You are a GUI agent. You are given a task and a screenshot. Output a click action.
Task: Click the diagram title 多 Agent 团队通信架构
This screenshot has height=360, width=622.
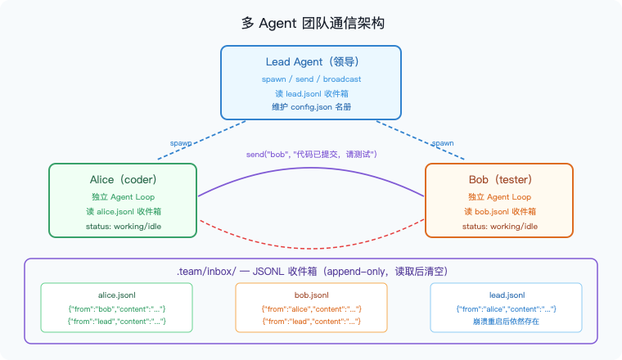[x=310, y=22]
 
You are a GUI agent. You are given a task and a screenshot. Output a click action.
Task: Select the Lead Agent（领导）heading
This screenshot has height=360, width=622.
[x=311, y=61]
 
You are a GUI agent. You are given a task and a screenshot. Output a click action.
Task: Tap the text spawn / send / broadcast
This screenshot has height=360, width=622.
[x=311, y=79]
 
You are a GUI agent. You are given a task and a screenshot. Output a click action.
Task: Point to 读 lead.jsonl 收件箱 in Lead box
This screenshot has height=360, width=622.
[x=311, y=93]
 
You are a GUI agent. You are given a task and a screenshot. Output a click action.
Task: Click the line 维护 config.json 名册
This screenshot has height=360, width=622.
[x=311, y=107]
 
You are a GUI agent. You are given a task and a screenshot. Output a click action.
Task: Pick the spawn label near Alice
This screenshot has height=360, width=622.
[x=181, y=142]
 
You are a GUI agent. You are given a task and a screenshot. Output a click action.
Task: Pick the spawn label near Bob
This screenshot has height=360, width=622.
[x=442, y=142]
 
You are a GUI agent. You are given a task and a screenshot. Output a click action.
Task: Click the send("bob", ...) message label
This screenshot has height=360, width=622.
[x=311, y=154]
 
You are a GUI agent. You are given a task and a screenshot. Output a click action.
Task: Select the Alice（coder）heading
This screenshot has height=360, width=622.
[x=123, y=179]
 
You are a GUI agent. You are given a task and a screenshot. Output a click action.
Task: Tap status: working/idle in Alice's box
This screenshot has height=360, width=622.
[x=123, y=226]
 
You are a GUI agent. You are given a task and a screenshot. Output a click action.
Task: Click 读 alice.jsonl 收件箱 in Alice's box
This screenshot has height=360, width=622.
[x=123, y=212]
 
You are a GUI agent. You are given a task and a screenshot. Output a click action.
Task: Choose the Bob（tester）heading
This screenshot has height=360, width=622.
[x=499, y=179]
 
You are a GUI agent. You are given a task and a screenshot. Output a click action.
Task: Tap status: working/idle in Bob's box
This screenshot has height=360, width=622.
[x=499, y=226]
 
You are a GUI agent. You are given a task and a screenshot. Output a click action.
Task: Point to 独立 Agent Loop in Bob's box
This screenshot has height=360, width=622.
[x=499, y=197]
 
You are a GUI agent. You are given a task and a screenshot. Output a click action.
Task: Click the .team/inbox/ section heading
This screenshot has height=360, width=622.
[x=311, y=271]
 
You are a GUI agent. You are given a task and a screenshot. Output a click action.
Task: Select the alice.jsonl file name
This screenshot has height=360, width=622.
[x=117, y=295]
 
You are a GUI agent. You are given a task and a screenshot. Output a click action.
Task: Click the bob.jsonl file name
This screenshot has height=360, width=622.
[x=311, y=295]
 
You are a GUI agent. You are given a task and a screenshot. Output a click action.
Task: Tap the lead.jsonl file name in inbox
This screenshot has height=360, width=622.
[x=506, y=295]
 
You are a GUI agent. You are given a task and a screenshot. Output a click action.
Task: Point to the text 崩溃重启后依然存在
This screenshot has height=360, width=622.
[x=506, y=322]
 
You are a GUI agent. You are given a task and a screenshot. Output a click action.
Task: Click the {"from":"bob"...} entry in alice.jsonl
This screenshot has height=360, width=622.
[x=117, y=308]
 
